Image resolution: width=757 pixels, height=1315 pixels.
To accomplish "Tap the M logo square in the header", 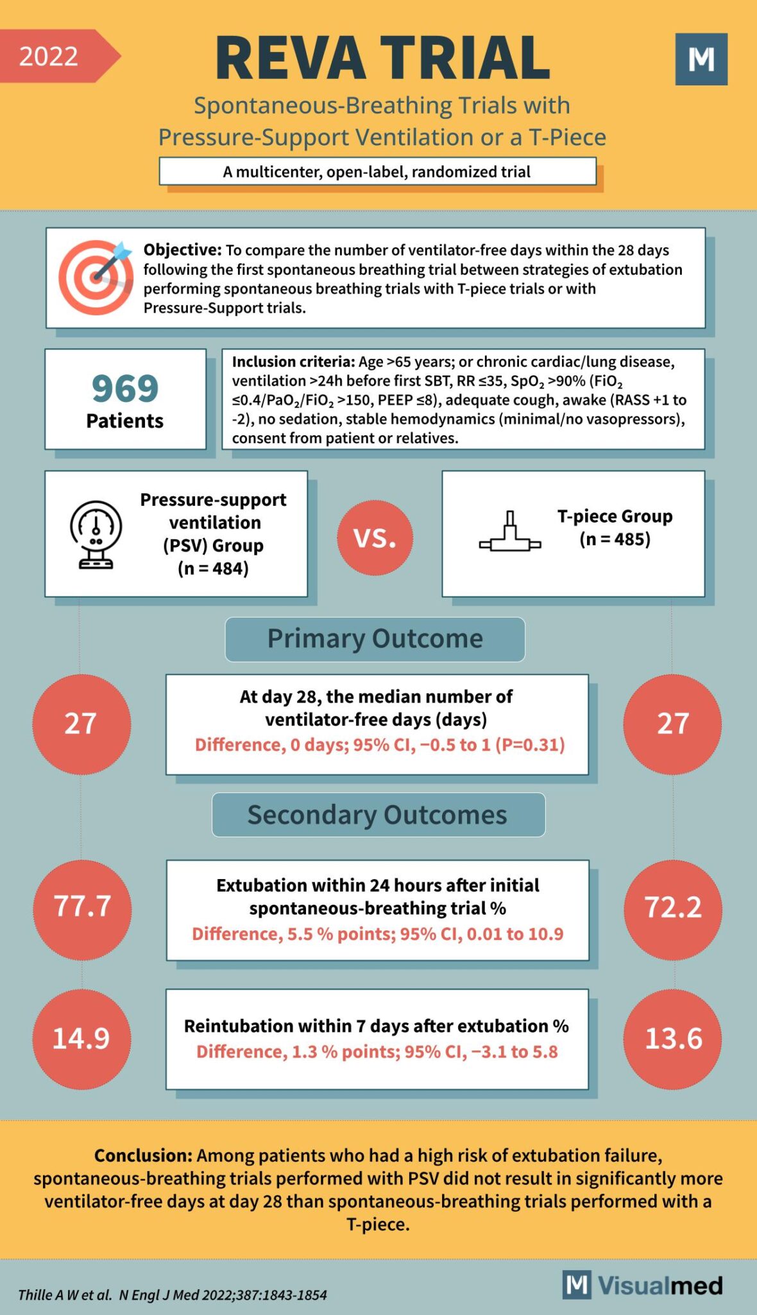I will (701, 59).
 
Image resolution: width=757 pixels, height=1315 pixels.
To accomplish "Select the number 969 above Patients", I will (125, 388).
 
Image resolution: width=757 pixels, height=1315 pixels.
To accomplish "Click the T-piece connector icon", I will (510, 534).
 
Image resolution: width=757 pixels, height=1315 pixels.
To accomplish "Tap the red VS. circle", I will (375, 537).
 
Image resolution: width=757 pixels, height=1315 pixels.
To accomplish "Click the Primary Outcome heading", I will (375, 639).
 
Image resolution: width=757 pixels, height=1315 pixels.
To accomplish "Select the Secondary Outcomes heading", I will (378, 815).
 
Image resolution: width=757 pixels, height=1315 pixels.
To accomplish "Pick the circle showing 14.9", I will (81, 1038).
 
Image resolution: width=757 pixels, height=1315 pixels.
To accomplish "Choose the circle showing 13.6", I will (672, 1038).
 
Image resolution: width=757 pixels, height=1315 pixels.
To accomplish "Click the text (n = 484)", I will (214, 569).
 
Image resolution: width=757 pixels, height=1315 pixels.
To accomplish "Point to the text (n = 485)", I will (615, 539).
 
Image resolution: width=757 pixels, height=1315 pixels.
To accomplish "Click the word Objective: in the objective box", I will (182, 250).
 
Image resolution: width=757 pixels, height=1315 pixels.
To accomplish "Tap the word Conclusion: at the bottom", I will (143, 1155).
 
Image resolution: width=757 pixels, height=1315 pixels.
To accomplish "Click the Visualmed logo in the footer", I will (643, 1285).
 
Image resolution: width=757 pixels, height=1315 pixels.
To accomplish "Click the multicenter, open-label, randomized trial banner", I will (377, 172).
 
